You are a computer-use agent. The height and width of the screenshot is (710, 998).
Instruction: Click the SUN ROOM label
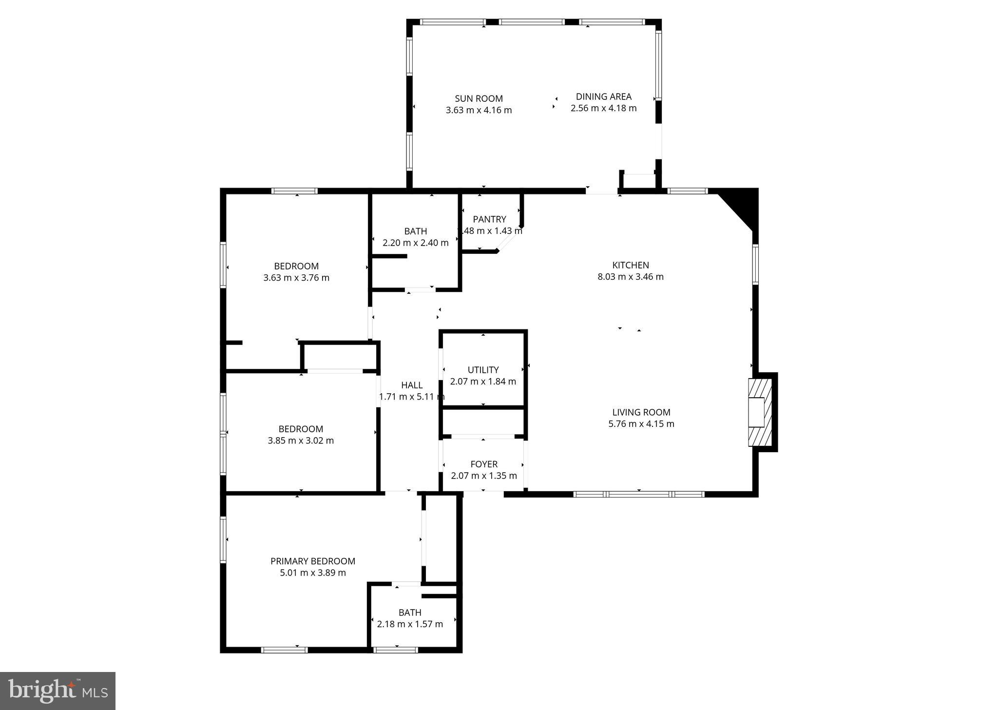click(479, 98)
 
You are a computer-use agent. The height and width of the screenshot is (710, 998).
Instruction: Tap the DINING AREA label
click(603, 96)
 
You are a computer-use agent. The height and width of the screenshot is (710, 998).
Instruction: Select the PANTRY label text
click(489, 219)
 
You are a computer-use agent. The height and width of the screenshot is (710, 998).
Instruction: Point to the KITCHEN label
click(631, 265)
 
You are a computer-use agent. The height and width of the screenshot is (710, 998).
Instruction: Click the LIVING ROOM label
click(641, 412)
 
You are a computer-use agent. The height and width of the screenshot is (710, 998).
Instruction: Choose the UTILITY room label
click(483, 370)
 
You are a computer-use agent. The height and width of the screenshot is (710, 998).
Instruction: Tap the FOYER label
click(484, 464)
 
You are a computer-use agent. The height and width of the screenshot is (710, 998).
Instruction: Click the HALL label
click(412, 385)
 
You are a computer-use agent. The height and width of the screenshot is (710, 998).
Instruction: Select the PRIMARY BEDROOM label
click(313, 561)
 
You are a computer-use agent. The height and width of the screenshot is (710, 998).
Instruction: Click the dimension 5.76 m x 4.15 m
click(641, 424)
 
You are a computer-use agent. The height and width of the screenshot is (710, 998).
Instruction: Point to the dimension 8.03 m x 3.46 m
click(631, 277)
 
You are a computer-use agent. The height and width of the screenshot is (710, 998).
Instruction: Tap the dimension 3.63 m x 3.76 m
click(296, 278)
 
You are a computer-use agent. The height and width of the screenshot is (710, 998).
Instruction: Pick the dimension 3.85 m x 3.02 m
click(301, 441)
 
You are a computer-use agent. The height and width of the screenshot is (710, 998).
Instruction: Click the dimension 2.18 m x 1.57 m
click(410, 624)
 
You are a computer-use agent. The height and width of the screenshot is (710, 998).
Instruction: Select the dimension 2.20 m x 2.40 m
click(415, 243)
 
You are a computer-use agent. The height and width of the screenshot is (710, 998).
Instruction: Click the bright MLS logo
click(58, 691)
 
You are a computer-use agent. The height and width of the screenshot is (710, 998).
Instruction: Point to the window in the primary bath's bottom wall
click(395, 650)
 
